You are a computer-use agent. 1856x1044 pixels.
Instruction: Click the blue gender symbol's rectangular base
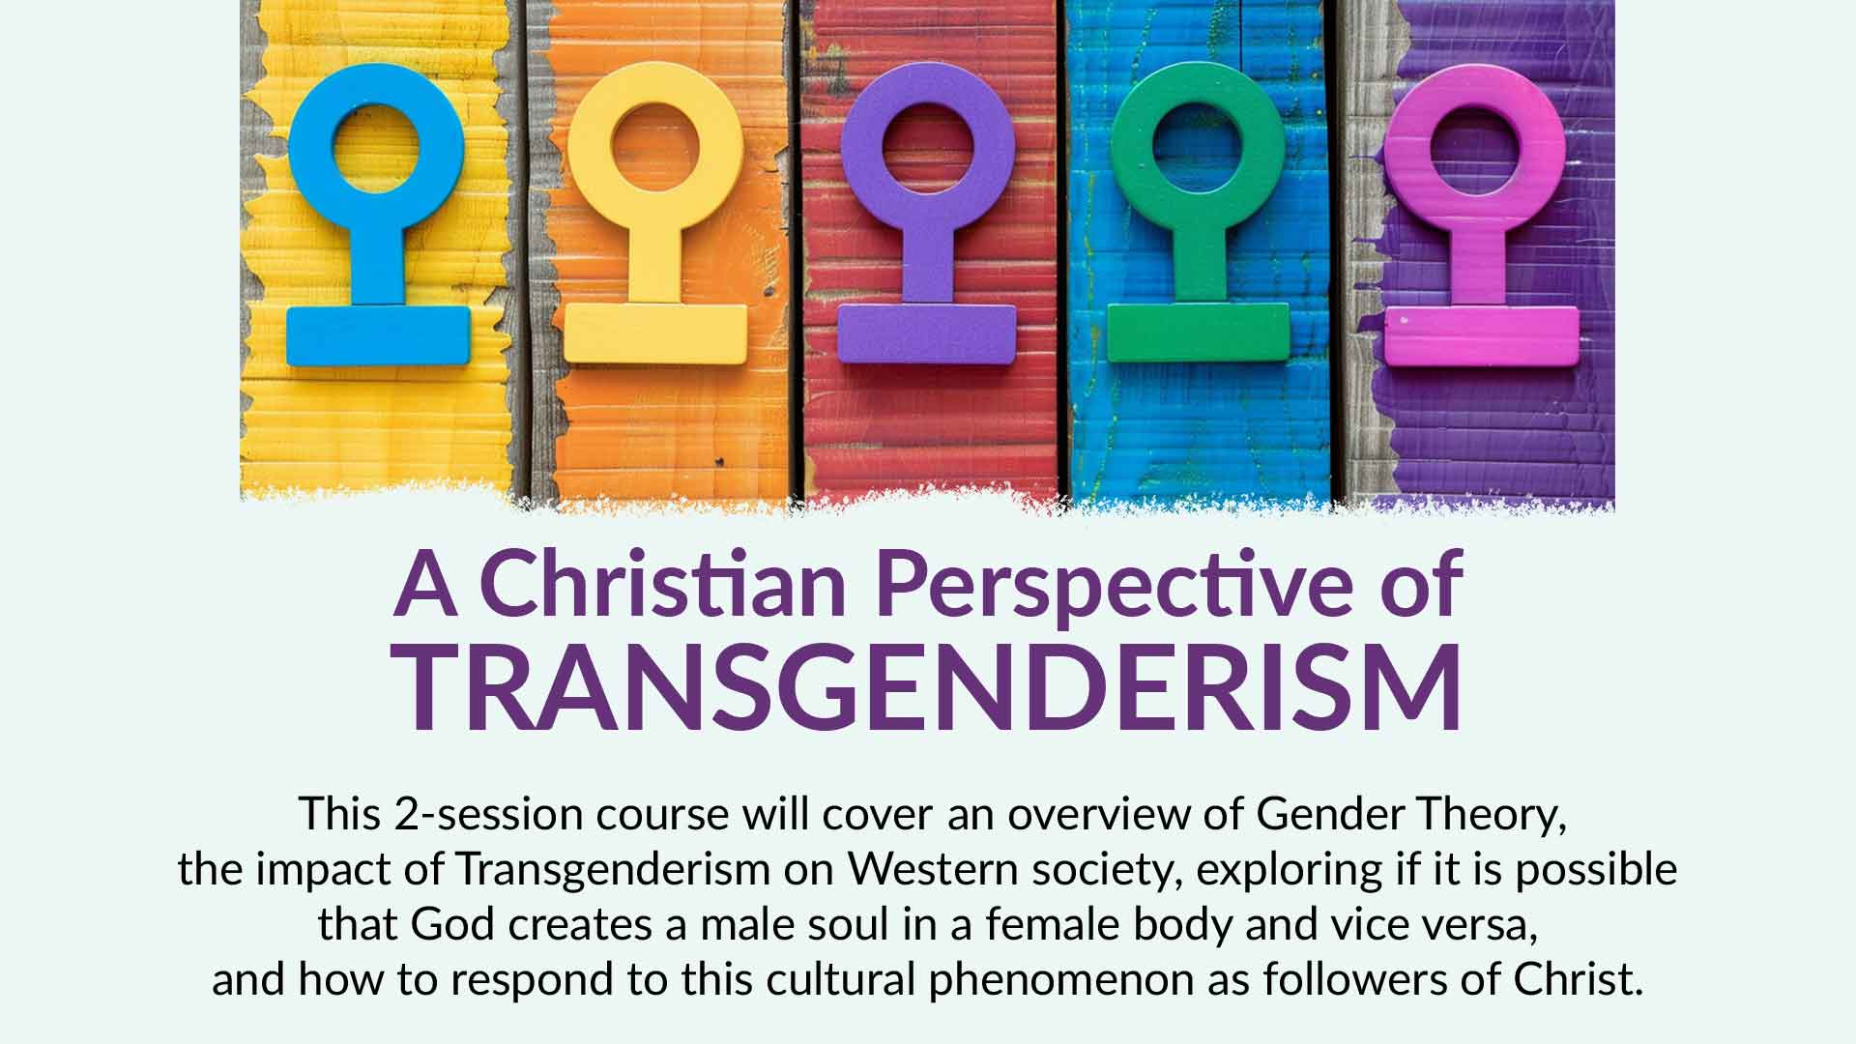[x=378, y=336]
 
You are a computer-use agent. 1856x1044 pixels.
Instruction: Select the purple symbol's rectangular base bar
[x=926, y=334]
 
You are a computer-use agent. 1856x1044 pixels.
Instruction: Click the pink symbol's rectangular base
[x=1482, y=336]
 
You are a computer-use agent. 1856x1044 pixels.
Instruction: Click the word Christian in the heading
[x=662, y=585]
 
